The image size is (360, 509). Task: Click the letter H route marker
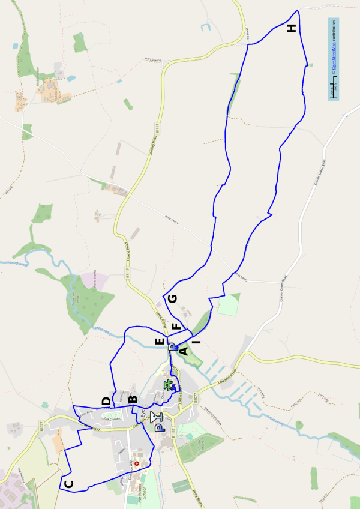(292, 28)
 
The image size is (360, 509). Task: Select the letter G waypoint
(173, 298)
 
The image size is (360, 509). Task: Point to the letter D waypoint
(106, 401)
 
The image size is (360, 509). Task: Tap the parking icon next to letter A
(172, 347)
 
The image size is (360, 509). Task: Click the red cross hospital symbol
(136, 463)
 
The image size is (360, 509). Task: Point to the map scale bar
(334, 90)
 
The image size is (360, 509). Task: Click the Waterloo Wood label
(74, 297)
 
